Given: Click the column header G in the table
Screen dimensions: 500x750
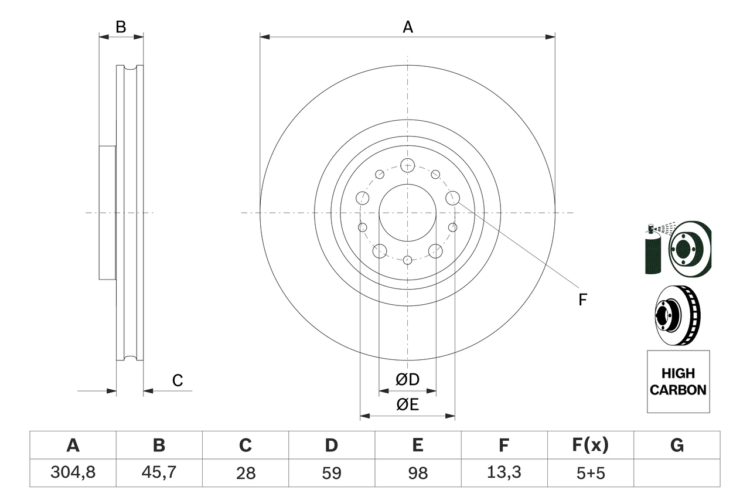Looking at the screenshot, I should click(x=677, y=446).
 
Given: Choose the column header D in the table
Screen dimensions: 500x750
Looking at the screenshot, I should click(x=331, y=446).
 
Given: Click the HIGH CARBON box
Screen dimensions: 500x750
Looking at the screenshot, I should click(x=678, y=382).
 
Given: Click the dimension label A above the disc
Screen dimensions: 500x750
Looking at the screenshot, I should click(x=408, y=26).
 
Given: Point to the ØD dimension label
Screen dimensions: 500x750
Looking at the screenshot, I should click(x=408, y=379).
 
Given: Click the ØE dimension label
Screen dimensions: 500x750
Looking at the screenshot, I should click(x=408, y=404).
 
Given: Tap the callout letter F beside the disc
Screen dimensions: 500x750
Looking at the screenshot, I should click(x=582, y=300).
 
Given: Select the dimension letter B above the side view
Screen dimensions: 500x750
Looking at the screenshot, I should click(x=121, y=26).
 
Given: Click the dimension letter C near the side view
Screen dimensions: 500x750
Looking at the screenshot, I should click(x=178, y=380).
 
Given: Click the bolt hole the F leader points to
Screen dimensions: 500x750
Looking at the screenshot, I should click(x=452, y=198).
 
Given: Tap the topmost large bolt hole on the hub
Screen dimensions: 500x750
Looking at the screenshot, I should click(x=407, y=165).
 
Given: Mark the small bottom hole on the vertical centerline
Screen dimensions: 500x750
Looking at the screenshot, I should click(x=407, y=259).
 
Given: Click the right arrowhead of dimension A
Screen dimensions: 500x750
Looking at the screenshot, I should click(x=550, y=37).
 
